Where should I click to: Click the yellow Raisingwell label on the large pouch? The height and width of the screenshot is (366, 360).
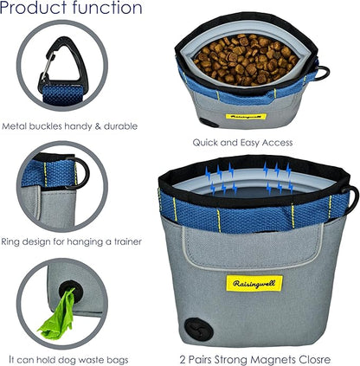point(254,283)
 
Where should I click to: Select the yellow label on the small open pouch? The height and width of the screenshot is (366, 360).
point(246,117)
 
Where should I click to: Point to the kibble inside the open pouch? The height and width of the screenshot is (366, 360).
point(246,60)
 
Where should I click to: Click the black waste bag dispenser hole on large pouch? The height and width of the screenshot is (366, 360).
point(199,330)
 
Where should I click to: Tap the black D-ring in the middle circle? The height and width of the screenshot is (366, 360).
point(84,173)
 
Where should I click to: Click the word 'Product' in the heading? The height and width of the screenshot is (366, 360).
point(34,8)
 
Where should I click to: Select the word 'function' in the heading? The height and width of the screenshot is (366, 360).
point(107,7)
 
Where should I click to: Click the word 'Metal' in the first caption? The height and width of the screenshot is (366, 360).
point(14,126)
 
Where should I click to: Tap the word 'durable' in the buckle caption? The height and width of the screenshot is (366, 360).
point(120,126)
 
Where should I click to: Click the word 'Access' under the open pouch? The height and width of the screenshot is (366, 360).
point(275,143)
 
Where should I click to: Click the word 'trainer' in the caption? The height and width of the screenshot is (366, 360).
point(127,241)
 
